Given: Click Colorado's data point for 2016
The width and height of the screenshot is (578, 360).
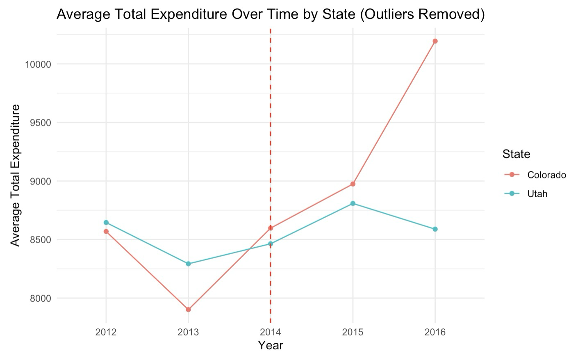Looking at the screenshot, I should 435,41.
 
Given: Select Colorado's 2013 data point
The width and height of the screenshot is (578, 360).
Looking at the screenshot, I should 188,310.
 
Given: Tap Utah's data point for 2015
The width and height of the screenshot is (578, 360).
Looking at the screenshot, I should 353,203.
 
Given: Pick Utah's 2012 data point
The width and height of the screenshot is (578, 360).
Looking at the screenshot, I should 106,223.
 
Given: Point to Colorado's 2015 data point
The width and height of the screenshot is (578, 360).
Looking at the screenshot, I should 353,184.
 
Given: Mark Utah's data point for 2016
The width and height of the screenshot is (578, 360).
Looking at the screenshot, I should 435,229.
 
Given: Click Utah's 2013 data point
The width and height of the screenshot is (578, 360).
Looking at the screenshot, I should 188,264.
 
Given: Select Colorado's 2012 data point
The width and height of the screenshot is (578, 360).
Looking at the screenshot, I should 106,232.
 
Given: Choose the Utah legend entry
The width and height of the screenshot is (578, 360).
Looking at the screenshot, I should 537,194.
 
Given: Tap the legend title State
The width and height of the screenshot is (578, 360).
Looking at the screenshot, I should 516,154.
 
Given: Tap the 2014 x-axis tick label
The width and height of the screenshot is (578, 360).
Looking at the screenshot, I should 271,332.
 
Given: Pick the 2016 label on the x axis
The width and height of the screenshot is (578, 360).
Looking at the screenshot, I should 435,332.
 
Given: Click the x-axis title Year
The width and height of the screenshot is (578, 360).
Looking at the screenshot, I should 271,345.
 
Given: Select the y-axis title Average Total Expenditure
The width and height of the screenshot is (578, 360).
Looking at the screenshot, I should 16,175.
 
